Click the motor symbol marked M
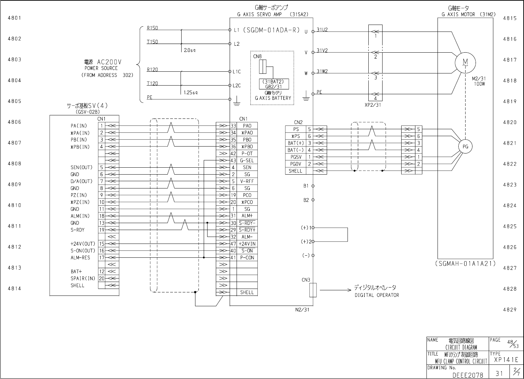click(x=465, y=62)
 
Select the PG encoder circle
click(x=465, y=147)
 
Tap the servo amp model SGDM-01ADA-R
click(x=271, y=30)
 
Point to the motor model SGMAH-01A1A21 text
click(x=465, y=264)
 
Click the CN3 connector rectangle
click(x=313, y=290)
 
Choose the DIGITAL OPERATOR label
click(x=377, y=295)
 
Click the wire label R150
click(x=152, y=28)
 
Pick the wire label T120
click(x=152, y=83)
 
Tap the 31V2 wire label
click(x=322, y=51)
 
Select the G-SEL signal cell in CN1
click(x=247, y=160)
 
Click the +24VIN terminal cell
click(x=247, y=244)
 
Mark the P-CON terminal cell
click(x=247, y=258)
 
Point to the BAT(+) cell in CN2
click(x=295, y=143)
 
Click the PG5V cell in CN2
click(x=295, y=157)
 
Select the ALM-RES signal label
click(x=80, y=258)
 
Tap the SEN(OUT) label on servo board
click(x=82, y=167)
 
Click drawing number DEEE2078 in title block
click(x=468, y=374)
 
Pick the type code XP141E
click(x=506, y=360)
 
